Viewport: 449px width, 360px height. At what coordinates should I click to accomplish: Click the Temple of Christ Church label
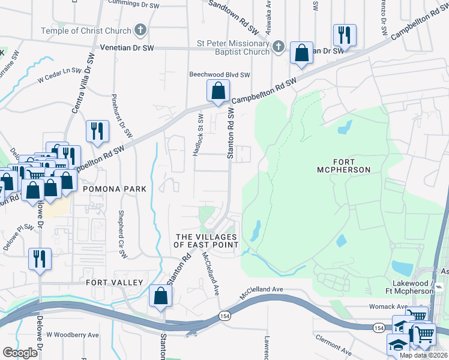(86, 31)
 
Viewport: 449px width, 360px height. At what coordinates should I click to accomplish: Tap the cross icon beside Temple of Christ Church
(140, 29)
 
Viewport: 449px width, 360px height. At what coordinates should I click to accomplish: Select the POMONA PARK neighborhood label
(115, 188)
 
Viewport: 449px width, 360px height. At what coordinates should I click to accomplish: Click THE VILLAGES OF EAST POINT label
(206, 241)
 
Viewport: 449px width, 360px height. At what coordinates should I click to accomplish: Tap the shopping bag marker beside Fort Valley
(160, 296)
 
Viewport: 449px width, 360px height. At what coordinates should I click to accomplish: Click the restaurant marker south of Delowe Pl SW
(40, 259)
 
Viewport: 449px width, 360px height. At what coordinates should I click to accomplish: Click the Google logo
(20, 353)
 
